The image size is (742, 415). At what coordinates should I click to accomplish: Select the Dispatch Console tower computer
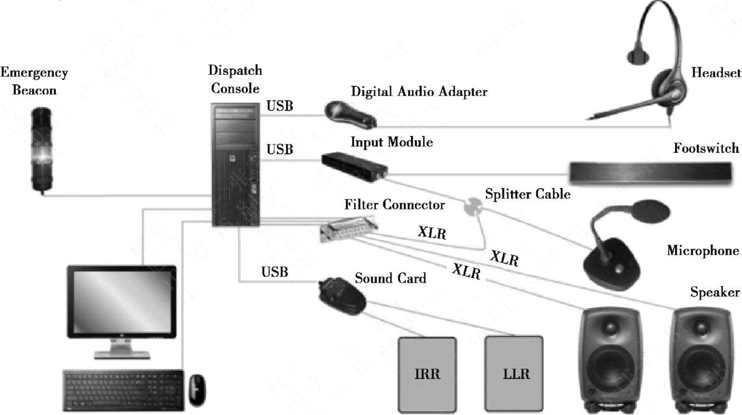click(x=237, y=164)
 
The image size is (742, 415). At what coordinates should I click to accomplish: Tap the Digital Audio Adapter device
click(x=350, y=114)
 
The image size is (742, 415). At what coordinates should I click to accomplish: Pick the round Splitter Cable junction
click(x=472, y=205)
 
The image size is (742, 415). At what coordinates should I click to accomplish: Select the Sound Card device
click(x=341, y=295)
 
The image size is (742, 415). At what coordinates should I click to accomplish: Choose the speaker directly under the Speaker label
click(x=705, y=358)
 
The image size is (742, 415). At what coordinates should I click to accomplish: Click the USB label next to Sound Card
click(x=275, y=272)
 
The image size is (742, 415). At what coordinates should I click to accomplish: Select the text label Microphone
click(x=703, y=251)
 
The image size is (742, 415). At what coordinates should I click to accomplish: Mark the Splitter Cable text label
click(x=527, y=194)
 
